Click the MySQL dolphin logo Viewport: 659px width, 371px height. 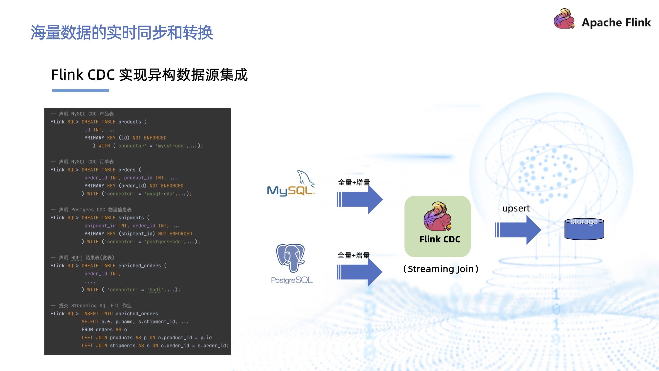click(291, 183)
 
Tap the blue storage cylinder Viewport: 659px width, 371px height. click(584, 230)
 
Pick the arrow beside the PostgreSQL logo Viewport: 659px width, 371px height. click(360, 272)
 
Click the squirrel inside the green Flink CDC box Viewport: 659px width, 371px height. click(438, 216)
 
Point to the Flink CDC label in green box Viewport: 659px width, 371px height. click(440, 239)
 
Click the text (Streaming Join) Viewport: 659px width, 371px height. click(440, 269)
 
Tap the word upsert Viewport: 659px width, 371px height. click(516, 209)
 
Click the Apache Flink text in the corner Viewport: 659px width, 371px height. click(616, 23)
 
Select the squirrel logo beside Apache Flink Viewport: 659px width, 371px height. click(564, 19)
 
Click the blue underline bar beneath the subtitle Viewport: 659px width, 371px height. click(81, 90)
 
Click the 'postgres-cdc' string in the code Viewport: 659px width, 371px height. click(164, 242)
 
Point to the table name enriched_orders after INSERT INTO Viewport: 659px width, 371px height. click(137, 314)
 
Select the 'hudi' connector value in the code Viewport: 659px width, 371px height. click(155, 290)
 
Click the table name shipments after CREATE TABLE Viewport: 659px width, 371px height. click(131, 218)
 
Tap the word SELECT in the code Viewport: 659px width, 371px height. click(90, 322)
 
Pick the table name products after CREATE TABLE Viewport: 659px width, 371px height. click(130, 122)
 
